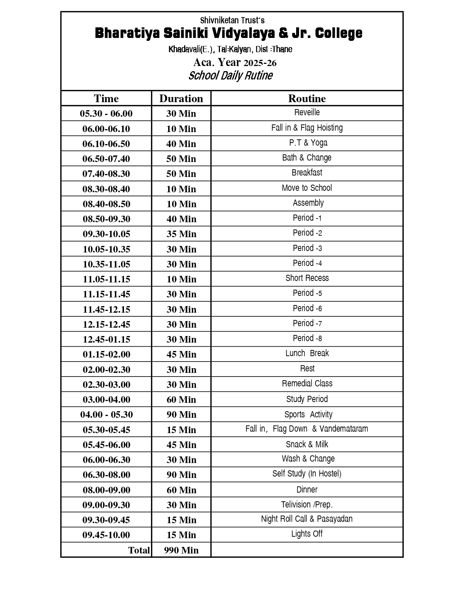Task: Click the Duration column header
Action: (181, 99)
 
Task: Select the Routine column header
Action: (307, 99)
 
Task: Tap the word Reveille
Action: (307, 112)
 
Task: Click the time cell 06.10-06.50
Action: (106, 144)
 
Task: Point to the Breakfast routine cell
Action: (307, 173)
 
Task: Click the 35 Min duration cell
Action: (181, 234)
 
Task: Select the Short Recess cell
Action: (307, 278)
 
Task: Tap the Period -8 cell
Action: (307, 338)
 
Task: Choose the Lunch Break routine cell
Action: (307, 353)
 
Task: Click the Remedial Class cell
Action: (307, 383)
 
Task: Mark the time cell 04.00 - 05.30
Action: (106, 414)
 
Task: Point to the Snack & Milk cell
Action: (307, 444)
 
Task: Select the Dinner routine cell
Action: (307, 490)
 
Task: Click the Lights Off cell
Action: (307, 534)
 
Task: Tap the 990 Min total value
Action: (181, 550)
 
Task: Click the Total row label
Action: (139, 550)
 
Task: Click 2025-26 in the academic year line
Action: (260, 63)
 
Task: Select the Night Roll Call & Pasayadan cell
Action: (307, 519)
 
